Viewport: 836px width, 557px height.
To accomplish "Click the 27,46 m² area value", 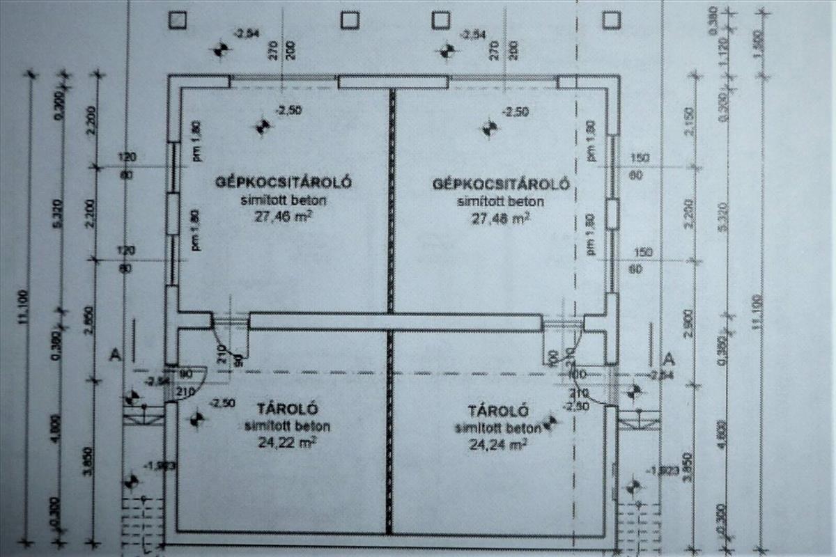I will (282, 217).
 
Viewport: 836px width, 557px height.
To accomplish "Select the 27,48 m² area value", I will (500, 217).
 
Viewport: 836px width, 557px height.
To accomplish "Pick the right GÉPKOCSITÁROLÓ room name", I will (501, 184).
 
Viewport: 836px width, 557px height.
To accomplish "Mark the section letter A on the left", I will (116, 355).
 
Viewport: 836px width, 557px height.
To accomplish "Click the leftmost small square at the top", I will (177, 20).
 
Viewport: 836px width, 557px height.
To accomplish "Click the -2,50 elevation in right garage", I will (516, 111).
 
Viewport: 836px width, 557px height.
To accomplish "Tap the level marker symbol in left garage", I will (263, 127).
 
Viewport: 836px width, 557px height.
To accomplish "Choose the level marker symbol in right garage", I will (490, 128).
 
